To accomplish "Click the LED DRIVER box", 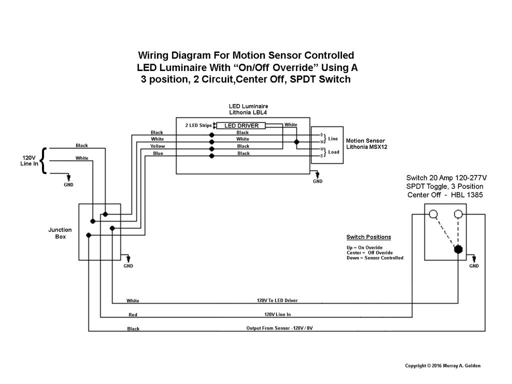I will (241, 125).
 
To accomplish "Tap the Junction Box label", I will (60, 233).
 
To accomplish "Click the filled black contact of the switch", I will (458, 249).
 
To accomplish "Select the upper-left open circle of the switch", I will (433, 214).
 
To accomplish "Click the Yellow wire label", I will (157, 146).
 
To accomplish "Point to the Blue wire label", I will (157, 153).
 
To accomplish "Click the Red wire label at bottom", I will (132, 315).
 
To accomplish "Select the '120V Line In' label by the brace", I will (29, 160).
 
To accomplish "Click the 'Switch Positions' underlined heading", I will (368, 237).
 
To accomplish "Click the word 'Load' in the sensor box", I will (333, 152).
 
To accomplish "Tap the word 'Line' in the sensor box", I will (333, 138).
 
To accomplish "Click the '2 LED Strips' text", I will (198, 125).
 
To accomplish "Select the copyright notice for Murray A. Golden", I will (442, 365).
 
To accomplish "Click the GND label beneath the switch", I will (473, 266).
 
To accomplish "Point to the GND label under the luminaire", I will (317, 181).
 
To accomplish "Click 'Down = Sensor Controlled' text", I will (374, 258).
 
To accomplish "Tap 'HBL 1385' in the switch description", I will (466, 195).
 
